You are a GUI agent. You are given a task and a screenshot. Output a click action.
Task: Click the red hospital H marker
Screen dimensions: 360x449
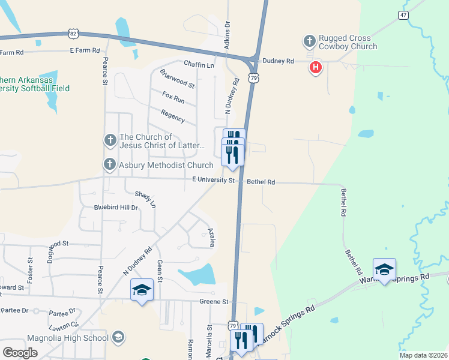(x=315, y=68)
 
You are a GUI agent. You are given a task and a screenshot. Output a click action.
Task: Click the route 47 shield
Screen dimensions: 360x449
(x=403, y=14)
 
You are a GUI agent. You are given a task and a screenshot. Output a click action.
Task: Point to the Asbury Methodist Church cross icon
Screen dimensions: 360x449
(x=110, y=164)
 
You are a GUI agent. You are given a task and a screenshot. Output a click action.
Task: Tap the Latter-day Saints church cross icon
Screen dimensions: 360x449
(x=110, y=140)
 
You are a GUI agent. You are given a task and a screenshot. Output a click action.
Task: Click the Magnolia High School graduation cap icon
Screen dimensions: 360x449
(x=118, y=338)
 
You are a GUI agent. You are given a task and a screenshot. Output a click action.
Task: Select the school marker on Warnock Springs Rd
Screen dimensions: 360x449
(x=384, y=269)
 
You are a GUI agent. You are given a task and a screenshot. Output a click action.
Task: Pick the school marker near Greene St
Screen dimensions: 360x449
(x=142, y=291)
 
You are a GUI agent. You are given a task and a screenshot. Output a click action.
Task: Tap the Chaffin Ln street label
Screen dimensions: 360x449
(x=199, y=65)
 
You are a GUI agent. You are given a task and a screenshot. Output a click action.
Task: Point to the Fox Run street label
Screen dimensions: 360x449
(x=173, y=97)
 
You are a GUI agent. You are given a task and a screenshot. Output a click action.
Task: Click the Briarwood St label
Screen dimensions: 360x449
(x=177, y=79)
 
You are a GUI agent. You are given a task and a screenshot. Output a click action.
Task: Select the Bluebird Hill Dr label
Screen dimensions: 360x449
(x=116, y=208)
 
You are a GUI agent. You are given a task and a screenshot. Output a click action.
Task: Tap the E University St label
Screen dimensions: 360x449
(x=213, y=179)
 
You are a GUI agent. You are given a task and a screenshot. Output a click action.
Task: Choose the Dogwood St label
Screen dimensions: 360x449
(x=51, y=244)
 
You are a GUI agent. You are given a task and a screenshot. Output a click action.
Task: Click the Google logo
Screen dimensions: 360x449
(x=20, y=353)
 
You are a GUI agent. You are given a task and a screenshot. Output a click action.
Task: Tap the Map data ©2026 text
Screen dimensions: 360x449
(x=423, y=355)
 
